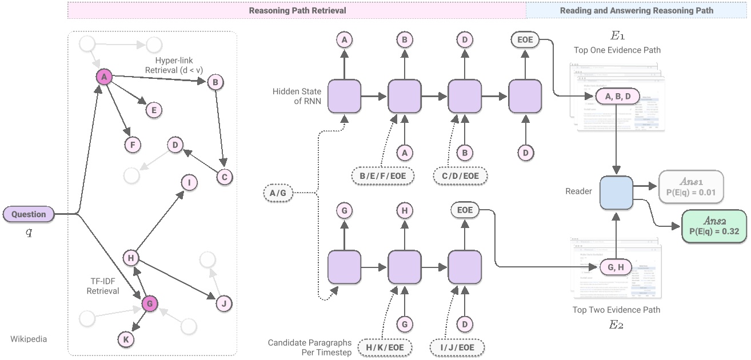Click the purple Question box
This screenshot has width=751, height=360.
coord(29,214)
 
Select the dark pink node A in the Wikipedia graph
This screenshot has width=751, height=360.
coord(103,77)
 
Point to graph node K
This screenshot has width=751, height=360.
coord(125,339)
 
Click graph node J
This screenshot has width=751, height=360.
coord(224,303)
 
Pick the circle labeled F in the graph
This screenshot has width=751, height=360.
coord(133,145)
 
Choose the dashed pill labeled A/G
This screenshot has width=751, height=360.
coord(277,193)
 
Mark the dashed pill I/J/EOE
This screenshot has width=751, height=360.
coord(458,347)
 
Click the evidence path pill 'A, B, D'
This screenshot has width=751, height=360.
coord(617,97)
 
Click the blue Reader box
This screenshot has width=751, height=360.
coord(616,193)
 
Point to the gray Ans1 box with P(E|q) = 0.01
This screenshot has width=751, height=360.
coord(691,186)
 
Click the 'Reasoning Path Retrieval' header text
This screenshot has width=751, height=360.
coord(297,10)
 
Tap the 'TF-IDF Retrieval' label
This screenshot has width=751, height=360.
coord(103,286)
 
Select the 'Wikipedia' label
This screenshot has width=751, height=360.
coord(29,339)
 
